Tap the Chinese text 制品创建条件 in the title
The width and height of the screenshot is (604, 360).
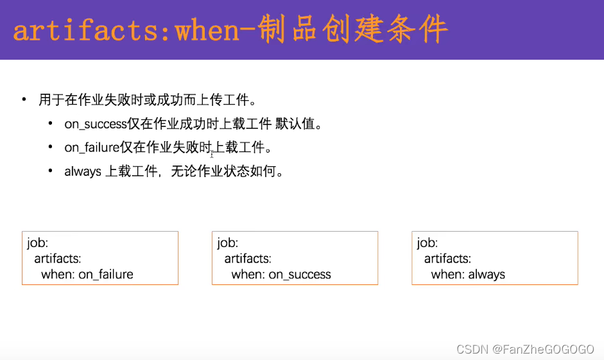coord(354,30)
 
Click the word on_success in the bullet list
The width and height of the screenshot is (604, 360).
coord(95,124)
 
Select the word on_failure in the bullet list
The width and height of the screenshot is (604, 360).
coord(92,148)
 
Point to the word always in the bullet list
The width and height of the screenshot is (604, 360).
coord(83,171)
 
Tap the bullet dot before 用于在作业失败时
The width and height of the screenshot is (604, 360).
coord(24,99)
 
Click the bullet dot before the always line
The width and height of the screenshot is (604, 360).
coord(50,171)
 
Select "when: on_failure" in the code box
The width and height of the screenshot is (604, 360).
coord(87,275)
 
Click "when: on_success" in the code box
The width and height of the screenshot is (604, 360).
coord(281,275)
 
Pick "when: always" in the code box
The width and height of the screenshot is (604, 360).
coord(468,275)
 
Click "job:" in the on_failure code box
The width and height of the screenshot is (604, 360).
coord(38,243)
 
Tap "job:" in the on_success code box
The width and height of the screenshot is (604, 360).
coord(228,243)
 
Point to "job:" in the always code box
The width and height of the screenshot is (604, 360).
coord(427,243)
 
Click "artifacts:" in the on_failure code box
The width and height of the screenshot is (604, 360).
coord(58,259)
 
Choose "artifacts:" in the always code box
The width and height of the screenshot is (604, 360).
coord(447,259)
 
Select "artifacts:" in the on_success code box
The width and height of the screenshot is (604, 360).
coord(248,259)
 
